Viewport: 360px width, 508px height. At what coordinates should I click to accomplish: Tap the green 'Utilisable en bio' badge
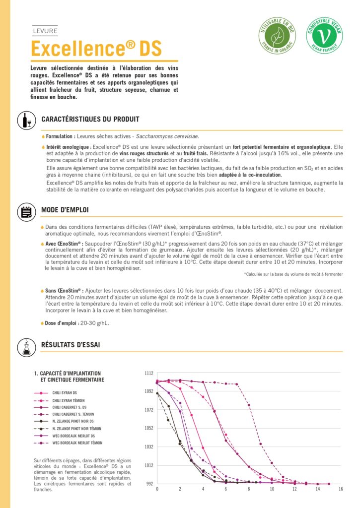277,35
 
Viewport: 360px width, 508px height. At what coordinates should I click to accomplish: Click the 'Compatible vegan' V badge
324,35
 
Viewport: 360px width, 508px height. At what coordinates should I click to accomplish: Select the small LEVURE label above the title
45,31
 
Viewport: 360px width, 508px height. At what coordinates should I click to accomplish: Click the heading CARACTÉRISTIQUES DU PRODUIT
90,119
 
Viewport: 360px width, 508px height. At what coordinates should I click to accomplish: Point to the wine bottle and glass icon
25,120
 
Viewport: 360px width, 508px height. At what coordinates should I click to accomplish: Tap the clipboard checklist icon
25,211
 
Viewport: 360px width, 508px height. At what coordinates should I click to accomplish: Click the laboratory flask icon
25,346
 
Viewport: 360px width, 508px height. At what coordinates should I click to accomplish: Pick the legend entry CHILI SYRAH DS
65,392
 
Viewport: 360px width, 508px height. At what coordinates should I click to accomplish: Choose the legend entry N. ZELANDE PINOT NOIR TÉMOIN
76,428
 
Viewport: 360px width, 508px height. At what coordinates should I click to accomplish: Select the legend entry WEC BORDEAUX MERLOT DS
73,436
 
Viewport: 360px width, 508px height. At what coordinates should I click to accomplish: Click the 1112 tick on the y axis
149,373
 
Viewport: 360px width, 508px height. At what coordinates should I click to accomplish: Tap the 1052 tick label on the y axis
149,428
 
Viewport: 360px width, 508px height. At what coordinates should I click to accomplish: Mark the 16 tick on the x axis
340,489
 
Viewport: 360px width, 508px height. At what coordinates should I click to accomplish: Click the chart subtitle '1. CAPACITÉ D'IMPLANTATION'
68,373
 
